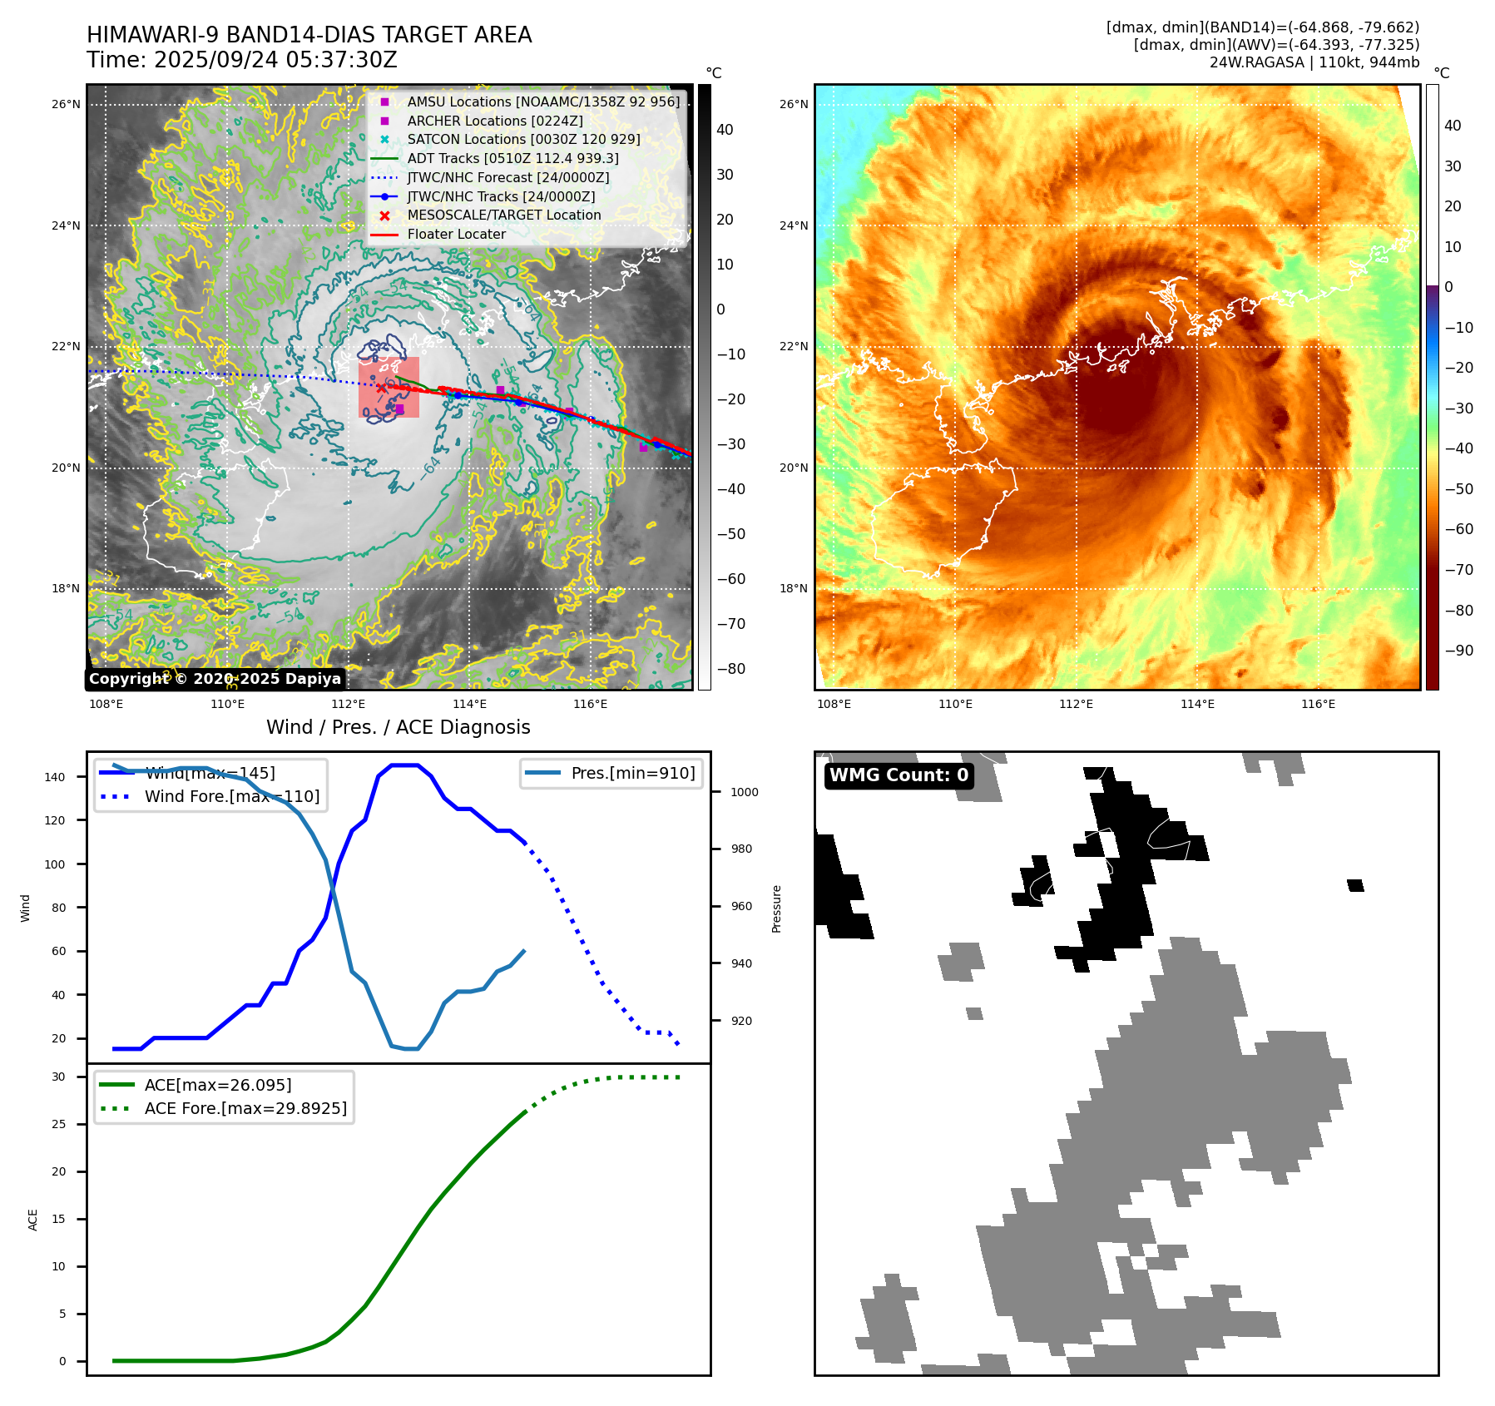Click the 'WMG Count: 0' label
coord(898,775)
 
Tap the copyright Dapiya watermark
coord(215,679)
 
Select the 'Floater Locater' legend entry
coord(456,235)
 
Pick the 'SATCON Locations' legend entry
coord(523,140)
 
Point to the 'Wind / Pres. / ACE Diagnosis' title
coord(398,727)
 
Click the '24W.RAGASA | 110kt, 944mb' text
coord(1314,62)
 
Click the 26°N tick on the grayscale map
coord(67,105)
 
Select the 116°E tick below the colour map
coord(1318,705)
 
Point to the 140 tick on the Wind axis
coord(55,777)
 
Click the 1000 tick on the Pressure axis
coord(744,792)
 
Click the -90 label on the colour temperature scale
coord(1458,651)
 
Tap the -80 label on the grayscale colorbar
coord(731,669)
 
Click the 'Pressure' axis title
coord(776,908)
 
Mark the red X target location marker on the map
coord(382,388)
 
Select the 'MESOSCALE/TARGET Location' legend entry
coord(503,215)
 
